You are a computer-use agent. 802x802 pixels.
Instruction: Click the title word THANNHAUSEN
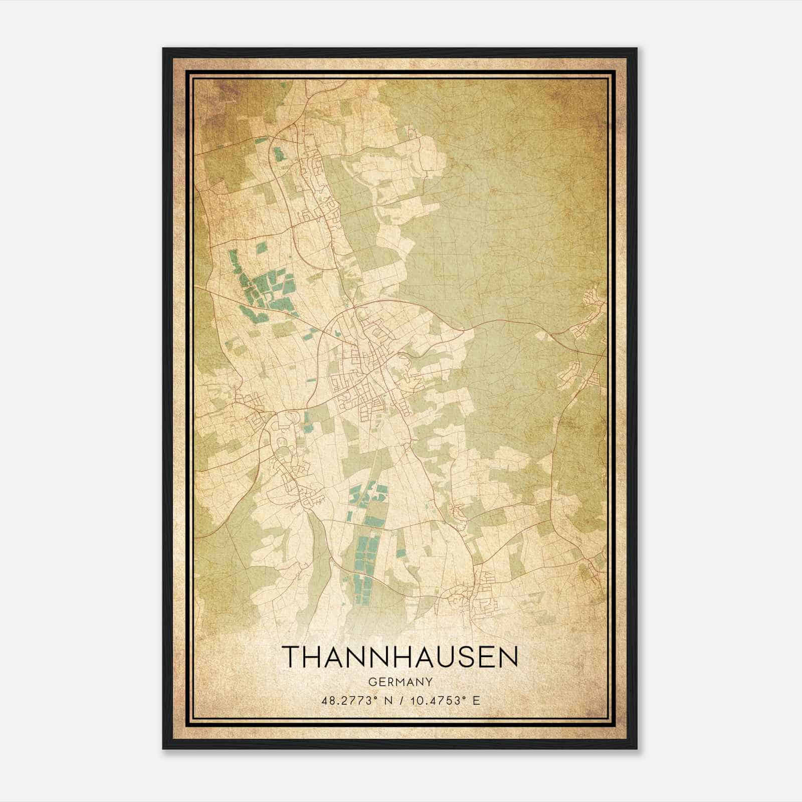tap(399, 656)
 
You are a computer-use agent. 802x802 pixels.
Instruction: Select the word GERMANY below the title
tap(399, 682)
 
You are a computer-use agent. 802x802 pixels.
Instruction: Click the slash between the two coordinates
tap(402, 700)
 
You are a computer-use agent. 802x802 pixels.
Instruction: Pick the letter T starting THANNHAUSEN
tap(292, 656)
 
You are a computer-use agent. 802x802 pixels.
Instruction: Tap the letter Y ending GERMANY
tap(429, 682)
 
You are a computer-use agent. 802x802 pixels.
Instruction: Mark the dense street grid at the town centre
tap(368, 371)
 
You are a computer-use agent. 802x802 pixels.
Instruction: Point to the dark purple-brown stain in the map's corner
tap(216, 93)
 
